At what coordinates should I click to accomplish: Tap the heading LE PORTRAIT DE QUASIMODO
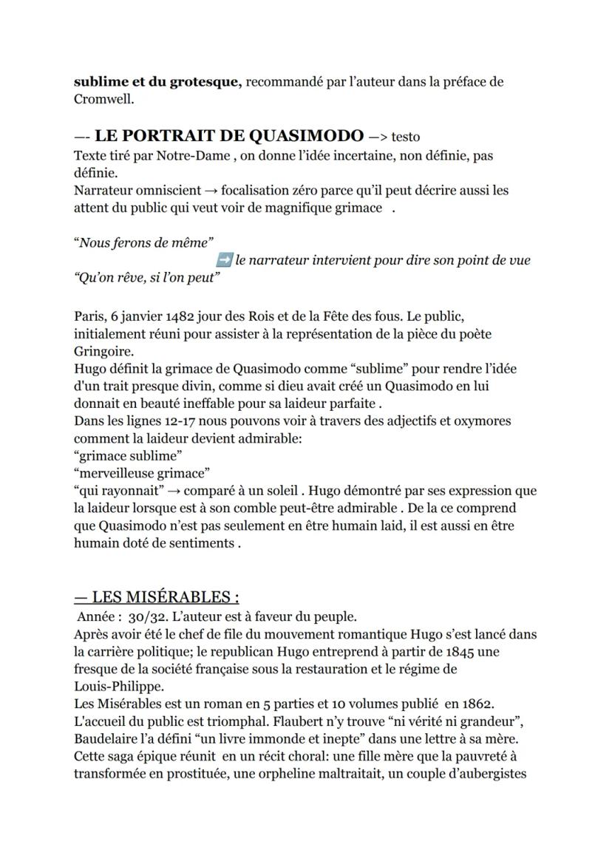(229, 135)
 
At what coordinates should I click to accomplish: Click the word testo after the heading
(406, 137)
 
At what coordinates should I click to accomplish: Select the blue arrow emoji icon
(225, 259)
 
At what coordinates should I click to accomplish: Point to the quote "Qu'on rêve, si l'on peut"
(147, 277)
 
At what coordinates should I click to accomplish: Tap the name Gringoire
(99, 351)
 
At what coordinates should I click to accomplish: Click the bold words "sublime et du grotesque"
(157, 82)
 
